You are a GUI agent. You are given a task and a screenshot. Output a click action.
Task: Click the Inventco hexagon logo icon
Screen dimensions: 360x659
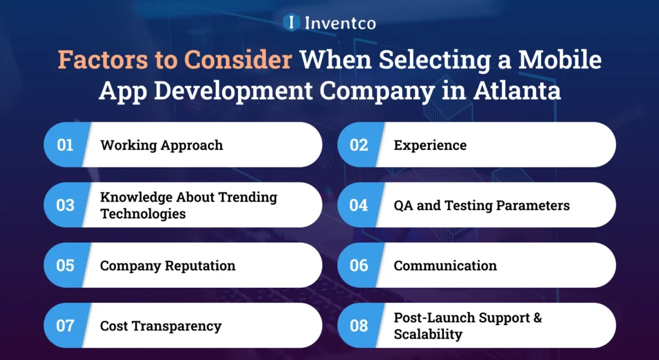pos(292,23)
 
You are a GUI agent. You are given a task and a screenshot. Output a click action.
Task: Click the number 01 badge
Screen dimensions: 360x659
pos(65,145)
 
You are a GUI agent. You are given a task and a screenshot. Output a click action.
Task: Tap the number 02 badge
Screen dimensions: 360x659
pos(358,145)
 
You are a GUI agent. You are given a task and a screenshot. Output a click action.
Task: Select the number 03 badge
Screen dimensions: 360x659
pos(65,205)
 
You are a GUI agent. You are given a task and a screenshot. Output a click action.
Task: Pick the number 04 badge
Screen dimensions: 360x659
pos(358,205)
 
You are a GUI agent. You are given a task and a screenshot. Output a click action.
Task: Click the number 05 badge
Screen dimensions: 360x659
pos(65,265)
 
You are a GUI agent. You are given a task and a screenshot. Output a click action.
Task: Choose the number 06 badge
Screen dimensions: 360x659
pos(358,265)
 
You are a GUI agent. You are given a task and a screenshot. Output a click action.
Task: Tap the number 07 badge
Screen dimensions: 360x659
pos(65,326)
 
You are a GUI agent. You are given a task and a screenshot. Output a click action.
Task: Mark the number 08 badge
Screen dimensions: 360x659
pos(358,326)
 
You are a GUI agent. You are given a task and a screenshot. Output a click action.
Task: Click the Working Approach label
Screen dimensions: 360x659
pos(162,145)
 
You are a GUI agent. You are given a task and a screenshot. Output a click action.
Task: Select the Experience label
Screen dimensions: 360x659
pos(430,145)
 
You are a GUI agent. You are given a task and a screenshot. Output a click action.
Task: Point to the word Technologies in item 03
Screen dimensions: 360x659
pos(143,214)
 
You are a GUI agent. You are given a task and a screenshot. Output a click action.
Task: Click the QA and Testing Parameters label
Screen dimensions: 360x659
pos(481,205)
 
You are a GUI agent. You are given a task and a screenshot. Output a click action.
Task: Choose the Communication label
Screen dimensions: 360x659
pos(445,265)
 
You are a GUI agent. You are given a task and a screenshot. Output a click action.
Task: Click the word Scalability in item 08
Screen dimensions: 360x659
pos(428,334)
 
